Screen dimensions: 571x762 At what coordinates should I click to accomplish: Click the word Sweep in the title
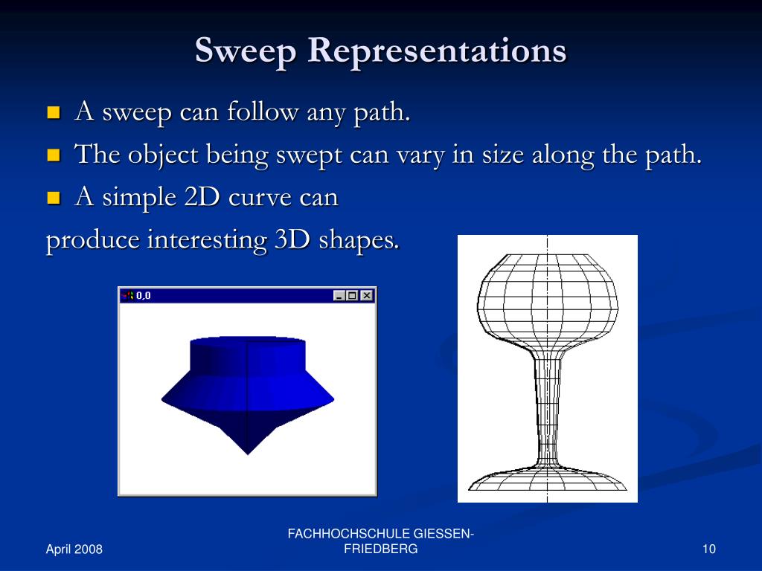[246, 51]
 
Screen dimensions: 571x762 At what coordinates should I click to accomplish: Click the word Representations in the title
[437, 51]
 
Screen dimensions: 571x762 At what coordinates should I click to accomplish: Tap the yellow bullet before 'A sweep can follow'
[53, 113]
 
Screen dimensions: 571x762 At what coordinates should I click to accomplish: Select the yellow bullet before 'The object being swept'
[53, 155]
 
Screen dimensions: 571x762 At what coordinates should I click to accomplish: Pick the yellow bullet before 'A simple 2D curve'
[53, 198]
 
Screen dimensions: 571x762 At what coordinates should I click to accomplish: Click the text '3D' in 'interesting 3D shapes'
[292, 240]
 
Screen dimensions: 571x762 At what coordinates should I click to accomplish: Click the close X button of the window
[366, 295]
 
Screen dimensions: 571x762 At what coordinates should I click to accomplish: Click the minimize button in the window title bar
[339, 295]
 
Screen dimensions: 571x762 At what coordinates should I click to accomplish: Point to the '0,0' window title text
[144, 295]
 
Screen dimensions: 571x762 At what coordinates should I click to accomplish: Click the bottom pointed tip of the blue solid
[247, 452]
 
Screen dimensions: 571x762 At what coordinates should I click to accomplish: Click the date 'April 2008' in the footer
[74, 549]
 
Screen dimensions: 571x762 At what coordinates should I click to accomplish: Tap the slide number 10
[708, 549]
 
